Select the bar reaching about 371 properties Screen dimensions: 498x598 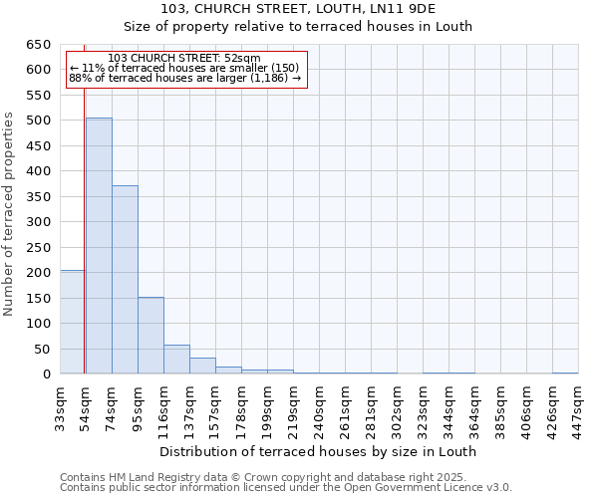point(125,280)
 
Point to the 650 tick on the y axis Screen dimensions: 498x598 point(38,45)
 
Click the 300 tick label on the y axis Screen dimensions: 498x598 point(38,222)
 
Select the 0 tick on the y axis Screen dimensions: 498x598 point(46,374)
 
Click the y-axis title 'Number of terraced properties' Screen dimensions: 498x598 point(10,214)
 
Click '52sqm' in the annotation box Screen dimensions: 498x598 point(241,58)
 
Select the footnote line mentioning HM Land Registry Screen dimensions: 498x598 point(284,477)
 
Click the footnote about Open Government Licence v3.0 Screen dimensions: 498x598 point(286,488)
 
